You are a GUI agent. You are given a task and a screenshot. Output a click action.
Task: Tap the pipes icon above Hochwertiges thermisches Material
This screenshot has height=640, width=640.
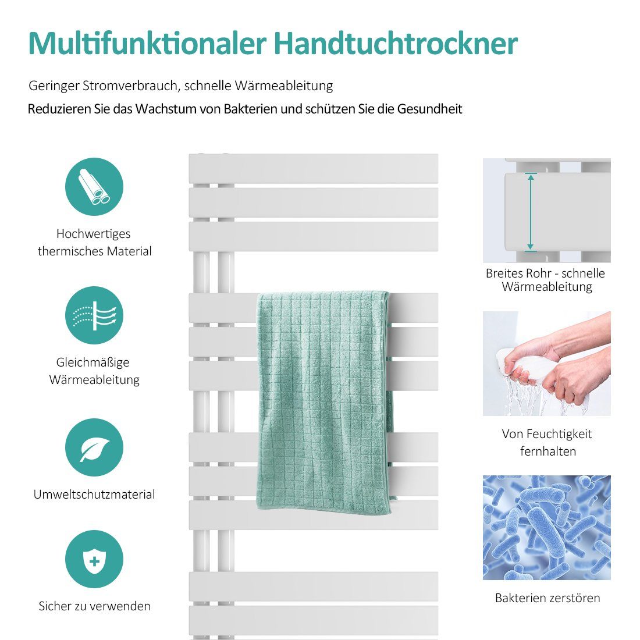[x=94, y=187]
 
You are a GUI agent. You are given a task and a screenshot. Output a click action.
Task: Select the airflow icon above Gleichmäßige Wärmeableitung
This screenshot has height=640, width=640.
[x=94, y=315]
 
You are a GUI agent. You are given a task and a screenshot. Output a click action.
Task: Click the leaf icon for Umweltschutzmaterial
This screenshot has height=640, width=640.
[x=94, y=447]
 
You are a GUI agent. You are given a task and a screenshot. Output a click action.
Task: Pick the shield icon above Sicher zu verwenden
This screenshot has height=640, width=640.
[x=94, y=559]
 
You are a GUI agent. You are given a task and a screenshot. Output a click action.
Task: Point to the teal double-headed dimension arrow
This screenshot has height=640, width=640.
[x=531, y=212]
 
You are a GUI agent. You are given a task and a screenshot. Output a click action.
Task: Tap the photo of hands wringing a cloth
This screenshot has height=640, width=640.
[x=546, y=364]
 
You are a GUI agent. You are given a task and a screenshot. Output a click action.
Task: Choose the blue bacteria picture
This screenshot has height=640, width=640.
[x=546, y=527]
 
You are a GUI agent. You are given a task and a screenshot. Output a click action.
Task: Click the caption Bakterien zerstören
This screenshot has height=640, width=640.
[x=547, y=598]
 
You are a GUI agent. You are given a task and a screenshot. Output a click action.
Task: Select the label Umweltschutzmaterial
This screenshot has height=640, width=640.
[x=94, y=495]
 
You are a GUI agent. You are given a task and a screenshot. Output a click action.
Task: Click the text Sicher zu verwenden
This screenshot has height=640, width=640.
[x=94, y=606]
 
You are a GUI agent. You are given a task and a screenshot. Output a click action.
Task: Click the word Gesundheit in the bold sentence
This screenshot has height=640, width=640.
[x=429, y=109]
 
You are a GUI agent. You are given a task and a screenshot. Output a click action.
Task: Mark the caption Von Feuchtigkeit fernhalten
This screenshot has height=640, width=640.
[x=547, y=442]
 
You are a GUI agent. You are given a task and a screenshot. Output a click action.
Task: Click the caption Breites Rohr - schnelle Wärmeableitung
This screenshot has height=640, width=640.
[x=546, y=280]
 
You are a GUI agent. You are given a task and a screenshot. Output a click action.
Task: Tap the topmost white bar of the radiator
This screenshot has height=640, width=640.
[x=314, y=168]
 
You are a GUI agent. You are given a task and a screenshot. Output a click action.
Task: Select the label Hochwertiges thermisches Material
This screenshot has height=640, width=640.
[x=94, y=243]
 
